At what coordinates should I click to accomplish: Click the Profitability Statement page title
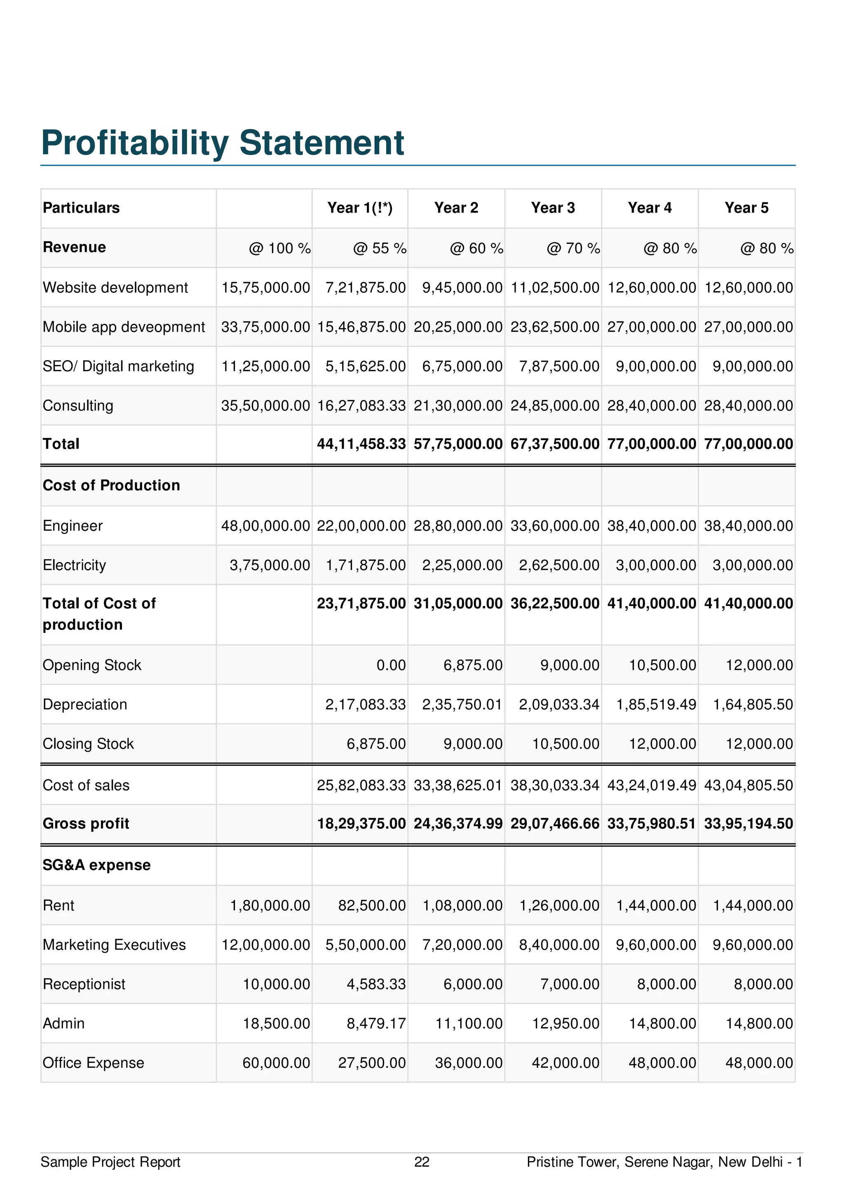coord(222,143)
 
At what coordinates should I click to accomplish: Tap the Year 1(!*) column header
coord(360,208)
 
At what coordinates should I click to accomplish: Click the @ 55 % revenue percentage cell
coord(380,248)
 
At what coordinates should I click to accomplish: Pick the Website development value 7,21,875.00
coord(366,288)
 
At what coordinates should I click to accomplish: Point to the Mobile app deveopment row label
coord(124,327)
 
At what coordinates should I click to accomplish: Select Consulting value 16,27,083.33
coord(361,406)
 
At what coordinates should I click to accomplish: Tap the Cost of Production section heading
coord(111,485)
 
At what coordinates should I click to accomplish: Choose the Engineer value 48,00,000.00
coord(265,526)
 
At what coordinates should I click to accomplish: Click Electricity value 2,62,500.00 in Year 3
coord(559,565)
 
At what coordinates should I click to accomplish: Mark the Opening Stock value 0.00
coord(391,665)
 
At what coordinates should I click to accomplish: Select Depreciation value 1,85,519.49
coord(656,705)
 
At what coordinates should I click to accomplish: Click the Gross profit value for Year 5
coord(748,824)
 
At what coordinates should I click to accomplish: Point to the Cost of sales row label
coord(86,785)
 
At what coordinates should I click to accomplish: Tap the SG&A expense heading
coord(97,865)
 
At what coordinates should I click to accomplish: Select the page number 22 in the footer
coord(422,1162)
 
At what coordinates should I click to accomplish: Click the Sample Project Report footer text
coord(110,1162)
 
